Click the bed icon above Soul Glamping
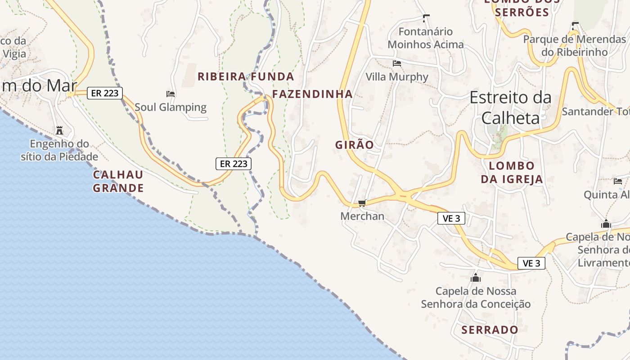click(171, 94)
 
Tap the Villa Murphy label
click(397, 77)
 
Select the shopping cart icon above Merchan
click(362, 203)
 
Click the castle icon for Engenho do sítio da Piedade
click(59, 131)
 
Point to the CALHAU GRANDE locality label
click(118, 181)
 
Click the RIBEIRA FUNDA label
click(246, 76)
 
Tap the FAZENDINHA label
click(312, 94)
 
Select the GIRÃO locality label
click(355, 145)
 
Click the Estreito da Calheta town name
click(510, 108)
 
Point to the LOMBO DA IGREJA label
click(512, 173)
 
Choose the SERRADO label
click(490, 330)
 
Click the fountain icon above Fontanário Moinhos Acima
click(426, 18)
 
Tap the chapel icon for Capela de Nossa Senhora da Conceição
click(476, 278)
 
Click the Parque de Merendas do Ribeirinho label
click(574, 45)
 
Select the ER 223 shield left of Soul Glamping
click(104, 93)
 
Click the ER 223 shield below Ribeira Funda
click(234, 164)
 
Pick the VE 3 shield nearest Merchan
click(451, 219)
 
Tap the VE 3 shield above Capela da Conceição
click(531, 263)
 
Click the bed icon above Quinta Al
click(618, 181)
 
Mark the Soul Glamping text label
click(171, 108)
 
